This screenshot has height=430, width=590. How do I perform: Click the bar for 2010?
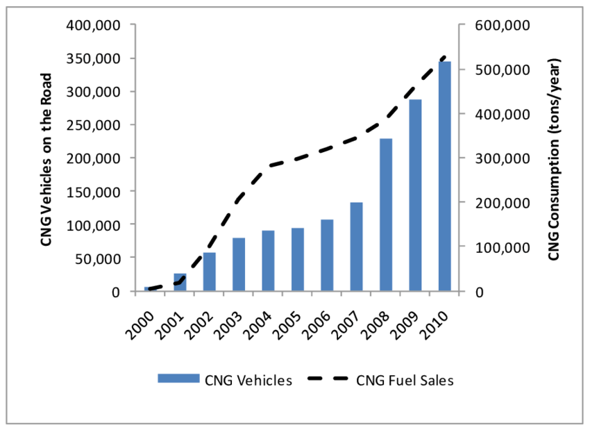444,176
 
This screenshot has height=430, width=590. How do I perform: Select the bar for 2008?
385,215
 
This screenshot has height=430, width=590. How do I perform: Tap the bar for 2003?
239,265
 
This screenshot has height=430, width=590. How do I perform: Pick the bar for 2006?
327,255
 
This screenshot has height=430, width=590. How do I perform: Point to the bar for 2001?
180,282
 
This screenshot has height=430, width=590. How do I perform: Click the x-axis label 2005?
290,322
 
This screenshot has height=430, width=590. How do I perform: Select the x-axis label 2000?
143,322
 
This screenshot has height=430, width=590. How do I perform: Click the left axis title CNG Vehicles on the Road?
47,158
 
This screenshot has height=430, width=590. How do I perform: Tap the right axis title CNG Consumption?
553,158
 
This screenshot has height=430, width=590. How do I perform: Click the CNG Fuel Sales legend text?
406,379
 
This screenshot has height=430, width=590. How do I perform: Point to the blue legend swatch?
178,379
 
